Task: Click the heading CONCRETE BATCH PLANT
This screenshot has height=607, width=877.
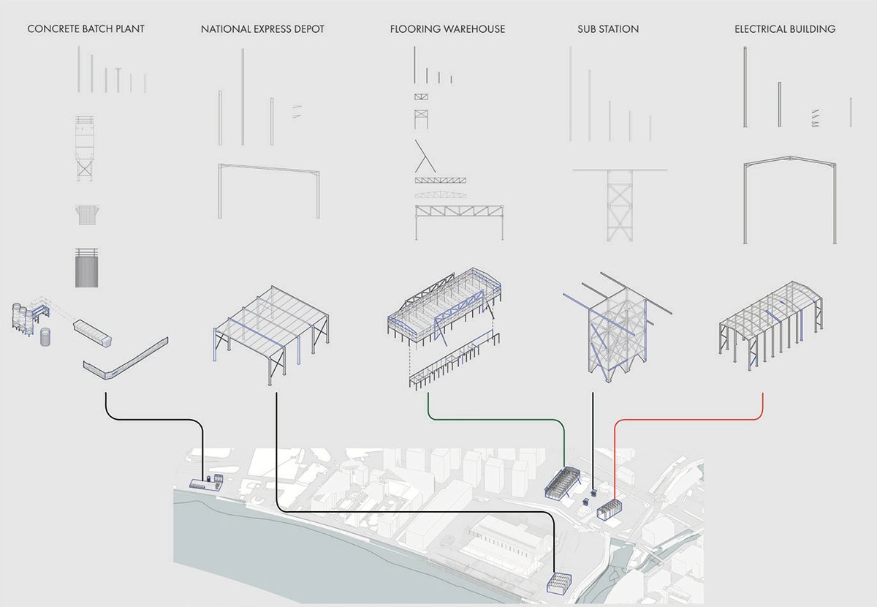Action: [x=86, y=29]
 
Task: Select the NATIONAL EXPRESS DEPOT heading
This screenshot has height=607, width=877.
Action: [x=262, y=29]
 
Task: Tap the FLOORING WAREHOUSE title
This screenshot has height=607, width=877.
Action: [x=447, y=29]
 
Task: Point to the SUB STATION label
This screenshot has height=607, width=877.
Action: [x=608, y=29]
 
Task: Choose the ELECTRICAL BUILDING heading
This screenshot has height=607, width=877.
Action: [x=785, y=29]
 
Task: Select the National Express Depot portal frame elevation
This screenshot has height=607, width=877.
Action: [x=269, y=190]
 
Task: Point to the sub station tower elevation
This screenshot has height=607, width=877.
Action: [x=619, y=205]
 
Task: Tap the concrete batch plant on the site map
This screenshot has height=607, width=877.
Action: [x=206, y=483]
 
